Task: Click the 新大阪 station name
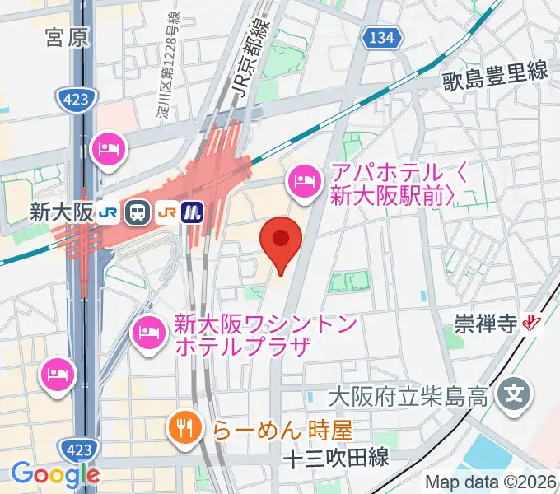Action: (x=61, y=212)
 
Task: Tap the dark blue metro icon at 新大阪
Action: (x=194, y=212)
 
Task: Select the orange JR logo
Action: (x=166, y=212)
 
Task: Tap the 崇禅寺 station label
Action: (x=484, y=325)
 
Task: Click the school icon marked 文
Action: (x=515, y=391)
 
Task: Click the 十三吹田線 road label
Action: (x=335, y=458)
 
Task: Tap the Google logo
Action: (x=55, y=473)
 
